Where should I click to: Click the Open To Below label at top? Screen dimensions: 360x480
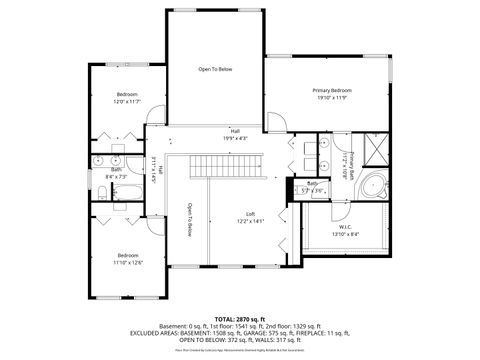[x=215, y=69]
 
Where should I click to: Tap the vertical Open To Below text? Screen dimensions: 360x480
[x=189, y=221]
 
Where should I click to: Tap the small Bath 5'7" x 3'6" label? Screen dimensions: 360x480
[x=312, y=188]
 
